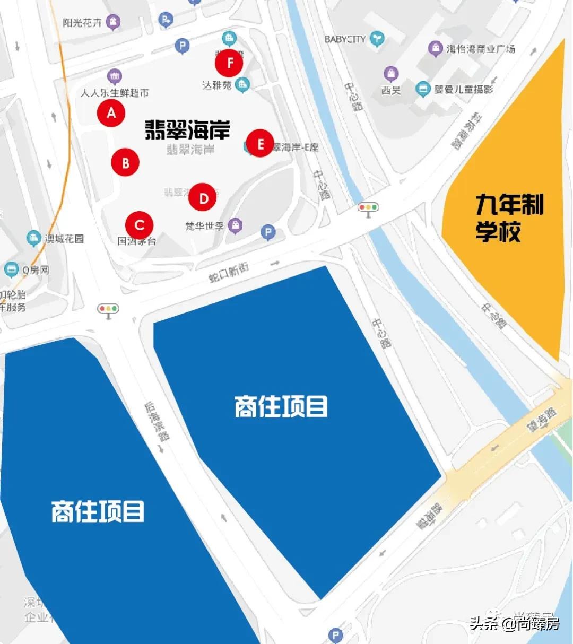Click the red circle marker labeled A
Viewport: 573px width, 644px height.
click(111, 112)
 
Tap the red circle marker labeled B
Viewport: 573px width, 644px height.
click(125, 162)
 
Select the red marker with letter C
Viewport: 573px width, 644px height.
click(139, 225)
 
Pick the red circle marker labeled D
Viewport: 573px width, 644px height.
click(203, 198)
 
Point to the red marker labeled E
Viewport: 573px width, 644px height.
click(260, 144)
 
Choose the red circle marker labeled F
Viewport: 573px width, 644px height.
click(229, 63)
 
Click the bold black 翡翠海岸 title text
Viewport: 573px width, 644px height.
click(187, 129)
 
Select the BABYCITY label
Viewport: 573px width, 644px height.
click(345, 39)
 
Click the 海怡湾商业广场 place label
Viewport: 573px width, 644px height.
click(480, 49)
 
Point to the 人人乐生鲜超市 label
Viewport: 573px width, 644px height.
click(115, 93)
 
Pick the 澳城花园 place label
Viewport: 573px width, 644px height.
click(64, 239)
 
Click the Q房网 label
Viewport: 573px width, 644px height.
click(36, 270)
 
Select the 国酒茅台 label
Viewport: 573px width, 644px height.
click(136, 241)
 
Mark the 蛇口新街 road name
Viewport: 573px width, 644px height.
click(229, 272)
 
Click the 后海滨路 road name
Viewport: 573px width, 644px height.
click(158, 422)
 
